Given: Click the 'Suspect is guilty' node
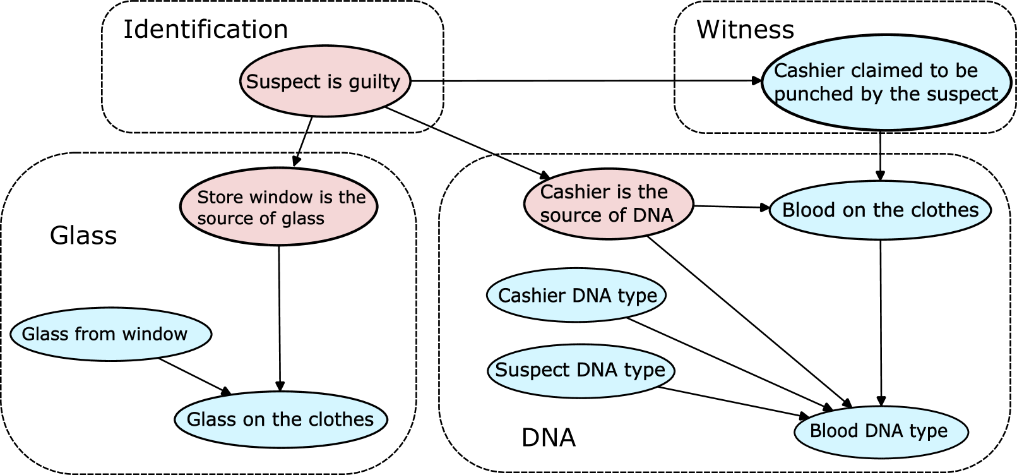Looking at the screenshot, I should pos(325,81).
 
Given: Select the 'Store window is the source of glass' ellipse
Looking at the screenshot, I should pos(278,207).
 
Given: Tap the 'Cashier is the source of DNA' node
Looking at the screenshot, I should pos(609,203).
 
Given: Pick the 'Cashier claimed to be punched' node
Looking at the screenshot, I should pos(886,82).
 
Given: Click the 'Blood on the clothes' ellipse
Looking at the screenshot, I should pos(880,210).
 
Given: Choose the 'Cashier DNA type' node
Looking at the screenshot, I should pos(576,295).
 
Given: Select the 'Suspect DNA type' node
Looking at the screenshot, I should pos(581,370).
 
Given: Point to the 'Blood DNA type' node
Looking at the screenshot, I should pos(881,431).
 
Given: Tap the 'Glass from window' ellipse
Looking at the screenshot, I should pos(110,334).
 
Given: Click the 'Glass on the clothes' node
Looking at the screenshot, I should pos(280,419).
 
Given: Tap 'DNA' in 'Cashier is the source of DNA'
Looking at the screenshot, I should pos(651,215).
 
